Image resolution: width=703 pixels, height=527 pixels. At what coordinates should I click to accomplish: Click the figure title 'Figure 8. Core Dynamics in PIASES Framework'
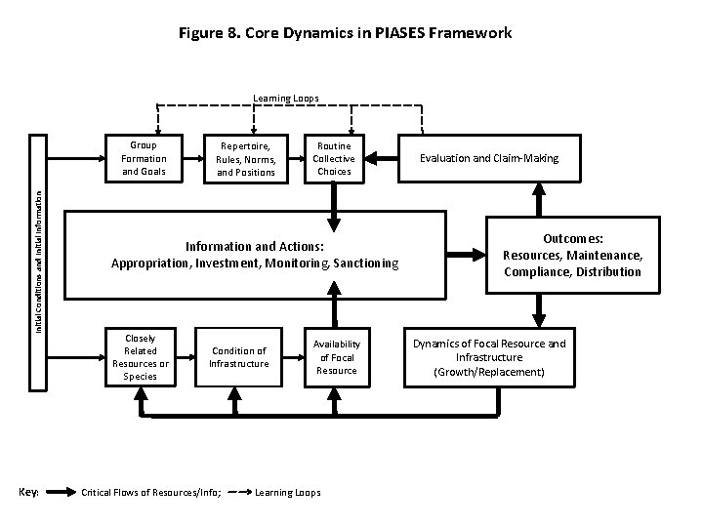coord(345,33)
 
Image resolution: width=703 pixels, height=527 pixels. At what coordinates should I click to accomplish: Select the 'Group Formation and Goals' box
coord(144,158)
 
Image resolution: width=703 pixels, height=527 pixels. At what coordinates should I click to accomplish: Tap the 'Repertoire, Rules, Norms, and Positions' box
coord(246,159)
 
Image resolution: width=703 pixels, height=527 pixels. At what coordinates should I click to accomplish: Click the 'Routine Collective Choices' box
coord(334,158)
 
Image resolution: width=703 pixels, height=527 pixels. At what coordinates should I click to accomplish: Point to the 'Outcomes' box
coord(572,255)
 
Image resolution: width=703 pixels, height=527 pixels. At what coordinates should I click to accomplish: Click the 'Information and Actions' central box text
coord(255,255)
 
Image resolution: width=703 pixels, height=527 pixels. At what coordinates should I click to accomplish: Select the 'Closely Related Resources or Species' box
coord(141,357)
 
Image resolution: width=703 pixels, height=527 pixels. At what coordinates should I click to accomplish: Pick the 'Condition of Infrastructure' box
coord(239,357)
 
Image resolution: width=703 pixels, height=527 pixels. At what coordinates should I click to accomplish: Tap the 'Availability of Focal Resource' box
coord(336,357)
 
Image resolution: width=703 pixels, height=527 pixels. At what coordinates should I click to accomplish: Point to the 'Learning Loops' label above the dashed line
coord(286,98)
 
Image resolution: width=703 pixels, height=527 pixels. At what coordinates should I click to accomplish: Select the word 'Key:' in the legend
coord(28,492)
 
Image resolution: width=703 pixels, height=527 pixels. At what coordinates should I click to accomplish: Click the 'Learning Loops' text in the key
coord(287,492)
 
